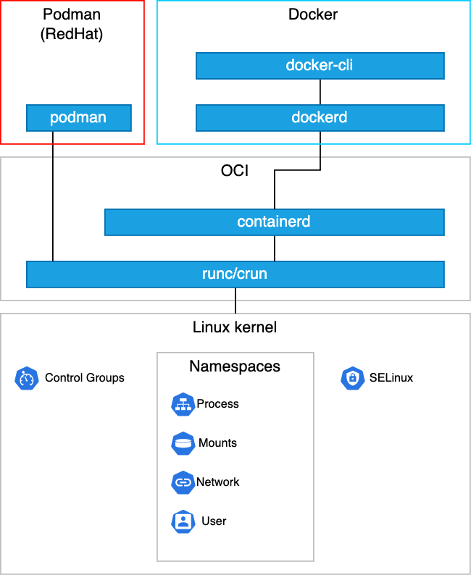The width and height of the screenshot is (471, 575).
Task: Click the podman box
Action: point(78,117)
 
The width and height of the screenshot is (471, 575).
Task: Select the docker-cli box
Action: point(320,66)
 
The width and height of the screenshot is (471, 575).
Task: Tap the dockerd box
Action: point(320,117)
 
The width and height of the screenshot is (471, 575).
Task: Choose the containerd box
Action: point(274,222)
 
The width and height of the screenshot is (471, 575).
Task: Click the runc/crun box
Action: point(235,274)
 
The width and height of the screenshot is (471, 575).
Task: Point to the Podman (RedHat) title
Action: point(72,24)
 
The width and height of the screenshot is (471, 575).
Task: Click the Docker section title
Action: point(313,14)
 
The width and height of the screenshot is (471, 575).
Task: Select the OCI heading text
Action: point(235,172)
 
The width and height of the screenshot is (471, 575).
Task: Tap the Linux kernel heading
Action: point(235,327)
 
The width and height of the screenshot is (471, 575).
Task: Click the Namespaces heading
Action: point(235,366)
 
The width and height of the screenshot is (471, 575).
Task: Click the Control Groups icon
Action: point(26,378)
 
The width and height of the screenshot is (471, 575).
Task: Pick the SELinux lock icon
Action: point(352,378)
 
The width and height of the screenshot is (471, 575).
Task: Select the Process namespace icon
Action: point(183,404)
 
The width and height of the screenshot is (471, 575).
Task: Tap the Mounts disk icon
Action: point(183,443)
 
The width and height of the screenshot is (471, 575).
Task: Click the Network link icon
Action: point(183,482)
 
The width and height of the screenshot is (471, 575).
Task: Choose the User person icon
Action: point(183,521)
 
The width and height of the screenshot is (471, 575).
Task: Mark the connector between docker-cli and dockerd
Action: point(320,92)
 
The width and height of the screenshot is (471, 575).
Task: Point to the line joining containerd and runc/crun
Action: point(274,248)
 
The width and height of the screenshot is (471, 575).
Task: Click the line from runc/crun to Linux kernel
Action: point(235,300)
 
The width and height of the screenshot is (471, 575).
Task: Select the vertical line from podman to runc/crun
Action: point(53,196)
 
